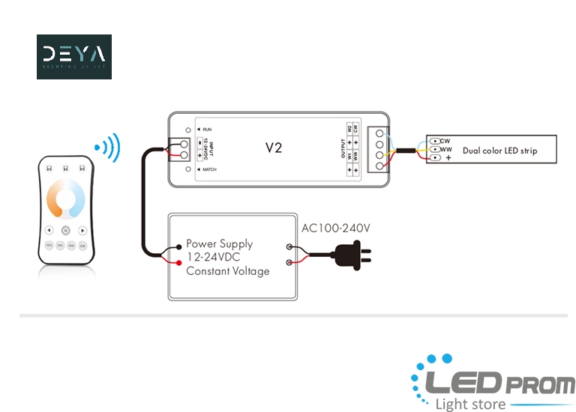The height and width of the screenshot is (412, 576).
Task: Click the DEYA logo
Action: point(73,56)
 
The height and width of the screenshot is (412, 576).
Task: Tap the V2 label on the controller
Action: point(274,148)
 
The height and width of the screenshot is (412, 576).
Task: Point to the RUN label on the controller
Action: point(206,130)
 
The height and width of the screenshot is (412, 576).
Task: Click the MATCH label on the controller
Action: point(209,170)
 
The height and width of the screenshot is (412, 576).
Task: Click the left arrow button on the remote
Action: point(49,231)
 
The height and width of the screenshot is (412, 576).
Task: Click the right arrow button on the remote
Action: point(82,231)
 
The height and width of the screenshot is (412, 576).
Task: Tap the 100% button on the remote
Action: point(49,245)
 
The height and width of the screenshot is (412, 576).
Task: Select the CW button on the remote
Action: point(82,245)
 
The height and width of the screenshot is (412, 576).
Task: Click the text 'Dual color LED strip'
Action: point(499,151)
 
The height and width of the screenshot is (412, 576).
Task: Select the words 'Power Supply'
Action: point(219,243)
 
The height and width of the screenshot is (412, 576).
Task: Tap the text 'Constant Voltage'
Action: point(227,271)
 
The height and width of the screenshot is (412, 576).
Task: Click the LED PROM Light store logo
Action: point(492,384)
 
